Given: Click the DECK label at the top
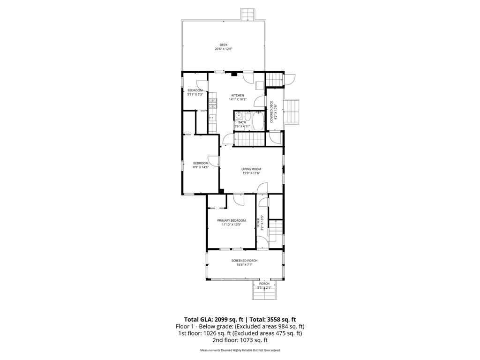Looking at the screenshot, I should coord(224,45).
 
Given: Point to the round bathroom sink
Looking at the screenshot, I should coord(238,115).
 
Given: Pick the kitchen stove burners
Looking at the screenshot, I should coord(213,103).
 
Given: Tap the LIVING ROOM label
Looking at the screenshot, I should coord(251,169).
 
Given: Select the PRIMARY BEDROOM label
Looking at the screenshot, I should coord(231,220).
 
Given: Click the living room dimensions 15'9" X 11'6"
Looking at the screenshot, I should coord(251,173).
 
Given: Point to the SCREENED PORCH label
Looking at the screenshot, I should coord(244,261).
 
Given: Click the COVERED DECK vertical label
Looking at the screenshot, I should coord(271,112).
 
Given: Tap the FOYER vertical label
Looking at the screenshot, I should coord(258,222).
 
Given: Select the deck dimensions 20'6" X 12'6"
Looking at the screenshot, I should coord(224,49).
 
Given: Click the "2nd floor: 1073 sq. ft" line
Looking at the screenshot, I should coord(240,340).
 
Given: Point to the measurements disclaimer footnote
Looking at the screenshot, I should coord(240,350).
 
